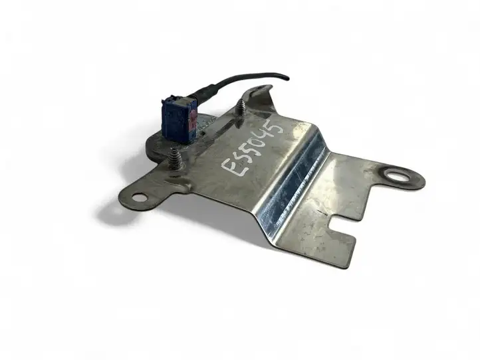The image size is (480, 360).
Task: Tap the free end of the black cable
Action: (x=288, y=79)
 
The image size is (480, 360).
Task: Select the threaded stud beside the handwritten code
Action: (x=240, y=112)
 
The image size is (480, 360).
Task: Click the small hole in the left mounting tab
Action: (x=139, y=197)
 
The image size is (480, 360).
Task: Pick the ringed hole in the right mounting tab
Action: (x=395, y=176)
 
